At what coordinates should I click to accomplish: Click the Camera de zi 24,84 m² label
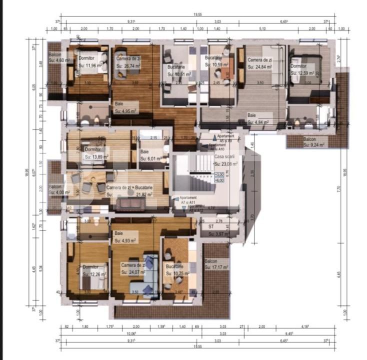(x=259, y=62)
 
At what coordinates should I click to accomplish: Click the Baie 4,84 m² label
(x=258, y=118)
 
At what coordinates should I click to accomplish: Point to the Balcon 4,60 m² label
(x=57, y=57)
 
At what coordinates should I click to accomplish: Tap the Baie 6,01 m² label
(x=151, y=155)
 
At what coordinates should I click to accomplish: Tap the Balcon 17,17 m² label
(x=216, y=264)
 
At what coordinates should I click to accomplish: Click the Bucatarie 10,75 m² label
(x=177, y=270)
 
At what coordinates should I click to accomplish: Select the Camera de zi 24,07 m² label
(x=133, y=268)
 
